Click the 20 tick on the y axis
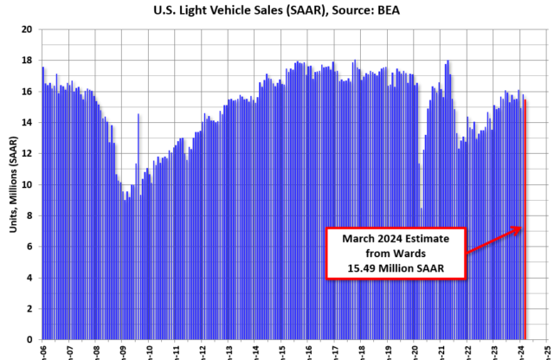point(27,29)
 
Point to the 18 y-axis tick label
point(27,61)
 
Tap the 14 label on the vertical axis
point(27,123)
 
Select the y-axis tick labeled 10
point(27,185)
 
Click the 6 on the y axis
point(29,247)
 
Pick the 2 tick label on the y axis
point(29,309)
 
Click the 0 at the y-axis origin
point(29,340)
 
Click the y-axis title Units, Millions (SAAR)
point(10,184)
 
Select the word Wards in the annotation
point(415,252)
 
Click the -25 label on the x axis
point(548,351)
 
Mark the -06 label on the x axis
point(42,351)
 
